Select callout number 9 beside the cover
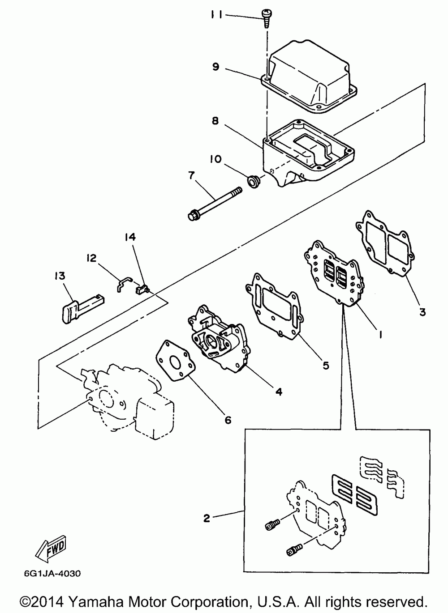pyautogui.click(x=216, y=67)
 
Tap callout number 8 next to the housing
pyautogui.click(x=215, y=121)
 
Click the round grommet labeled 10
pyautogui.click(x=252, y=182)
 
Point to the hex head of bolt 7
pyautogui.click(x=194, y=215)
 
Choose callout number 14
pyautogui.click(x=130, y=237)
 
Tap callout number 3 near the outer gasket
pyautogui.click(x=422, y=312)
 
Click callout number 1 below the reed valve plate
pyautogui.click(x=380, y=334)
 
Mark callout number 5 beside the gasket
pyautogui.click(x=326, y=365)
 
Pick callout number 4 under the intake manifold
pyautogui.click(x=279, y=392)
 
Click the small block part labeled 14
pyautogui.click(x=142, y=289)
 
